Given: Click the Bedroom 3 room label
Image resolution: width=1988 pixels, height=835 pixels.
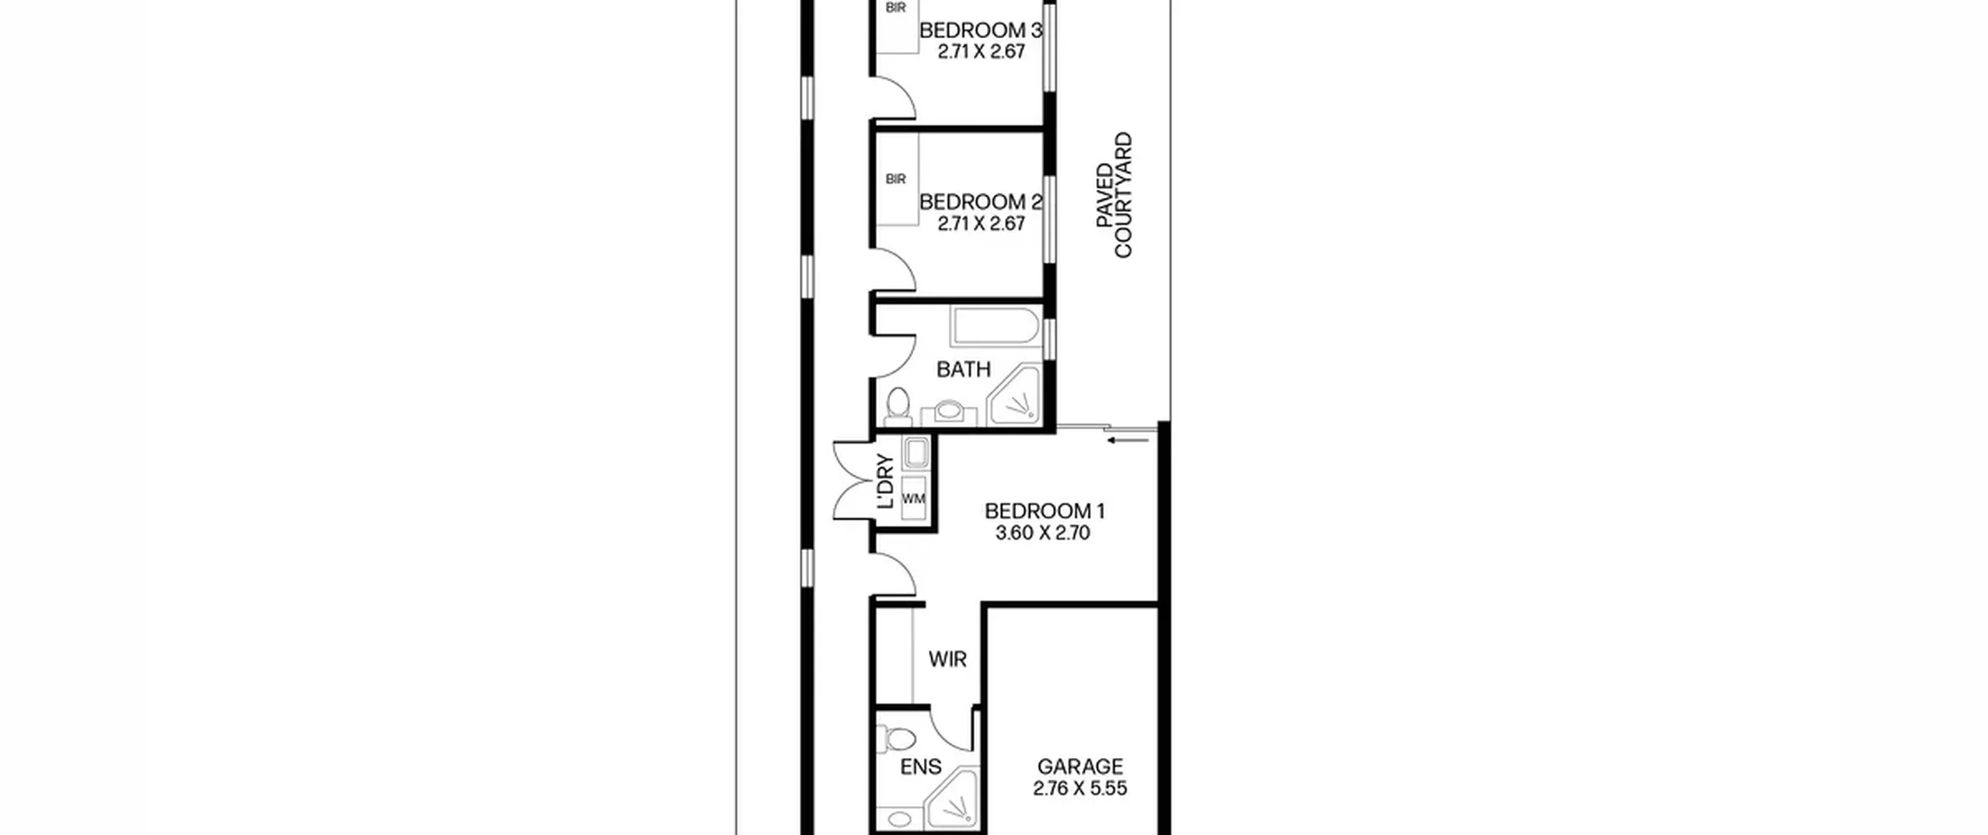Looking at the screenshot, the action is (x=980, y=30).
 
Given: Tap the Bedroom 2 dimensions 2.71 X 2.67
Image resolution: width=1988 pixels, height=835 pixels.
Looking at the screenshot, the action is (x=981, y=224).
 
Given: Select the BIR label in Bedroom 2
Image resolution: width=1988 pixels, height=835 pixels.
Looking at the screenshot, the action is (x=895, y=179).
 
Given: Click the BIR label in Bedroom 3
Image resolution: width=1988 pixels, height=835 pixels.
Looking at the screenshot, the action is (x=895, y=8).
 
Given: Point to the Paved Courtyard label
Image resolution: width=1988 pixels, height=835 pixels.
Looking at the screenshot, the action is (x=1114, y=195).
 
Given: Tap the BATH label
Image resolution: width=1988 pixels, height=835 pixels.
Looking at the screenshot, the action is (x=964, y=370).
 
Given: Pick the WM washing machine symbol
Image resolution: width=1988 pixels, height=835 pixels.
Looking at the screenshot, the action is (x=914, y=498).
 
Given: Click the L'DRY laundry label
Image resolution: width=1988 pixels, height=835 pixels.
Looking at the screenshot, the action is (x=885, y=481).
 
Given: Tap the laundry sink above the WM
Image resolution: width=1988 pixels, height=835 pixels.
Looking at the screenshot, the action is (x=916, y=454).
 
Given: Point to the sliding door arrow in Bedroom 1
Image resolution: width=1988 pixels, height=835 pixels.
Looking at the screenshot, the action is (x=1128, y=440).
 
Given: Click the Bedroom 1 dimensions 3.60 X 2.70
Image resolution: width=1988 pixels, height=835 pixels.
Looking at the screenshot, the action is (x=1043, y=533).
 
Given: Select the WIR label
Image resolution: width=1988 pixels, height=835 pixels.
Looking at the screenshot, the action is (x=947, y=659).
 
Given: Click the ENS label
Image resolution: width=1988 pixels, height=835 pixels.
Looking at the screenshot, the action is (x=920, y=767).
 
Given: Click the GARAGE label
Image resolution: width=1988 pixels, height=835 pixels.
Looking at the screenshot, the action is (x=1080, y=767).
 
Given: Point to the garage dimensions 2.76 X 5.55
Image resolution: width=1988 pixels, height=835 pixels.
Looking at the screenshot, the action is (x=1079, y=788).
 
